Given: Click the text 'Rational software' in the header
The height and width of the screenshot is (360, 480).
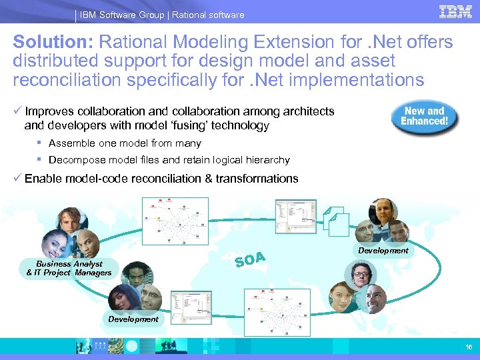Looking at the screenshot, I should pyautogui.click(x=208, y=15).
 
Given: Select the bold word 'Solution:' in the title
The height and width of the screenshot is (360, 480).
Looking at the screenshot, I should pyautogui.click(x=53, y=43).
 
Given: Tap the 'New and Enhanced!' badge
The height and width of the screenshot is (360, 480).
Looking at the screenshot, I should pyautogui.click(x=425, y=117).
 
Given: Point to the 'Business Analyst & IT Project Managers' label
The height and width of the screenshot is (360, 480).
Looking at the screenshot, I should pyautogui.click(x=69, y=269).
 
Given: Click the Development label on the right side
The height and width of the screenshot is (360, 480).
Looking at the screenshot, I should pyautogui.click(x=383, y=251).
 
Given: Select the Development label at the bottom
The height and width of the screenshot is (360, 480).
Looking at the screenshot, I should pyautogui.click(x=133, y=319).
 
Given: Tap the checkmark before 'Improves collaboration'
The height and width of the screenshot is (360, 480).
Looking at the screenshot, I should pyautogui.click(x=17, y=111).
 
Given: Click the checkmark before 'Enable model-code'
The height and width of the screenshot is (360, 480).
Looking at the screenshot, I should pyautogui.click(x=17, y=178).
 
